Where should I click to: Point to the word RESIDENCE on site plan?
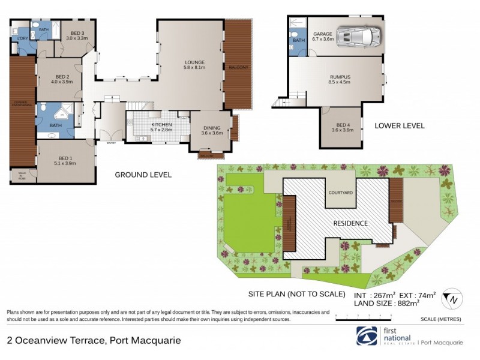coord(351,223)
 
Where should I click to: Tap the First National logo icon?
coord(366,337)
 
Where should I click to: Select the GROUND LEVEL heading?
coord(143,175)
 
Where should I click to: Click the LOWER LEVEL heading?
coord(400,126)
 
